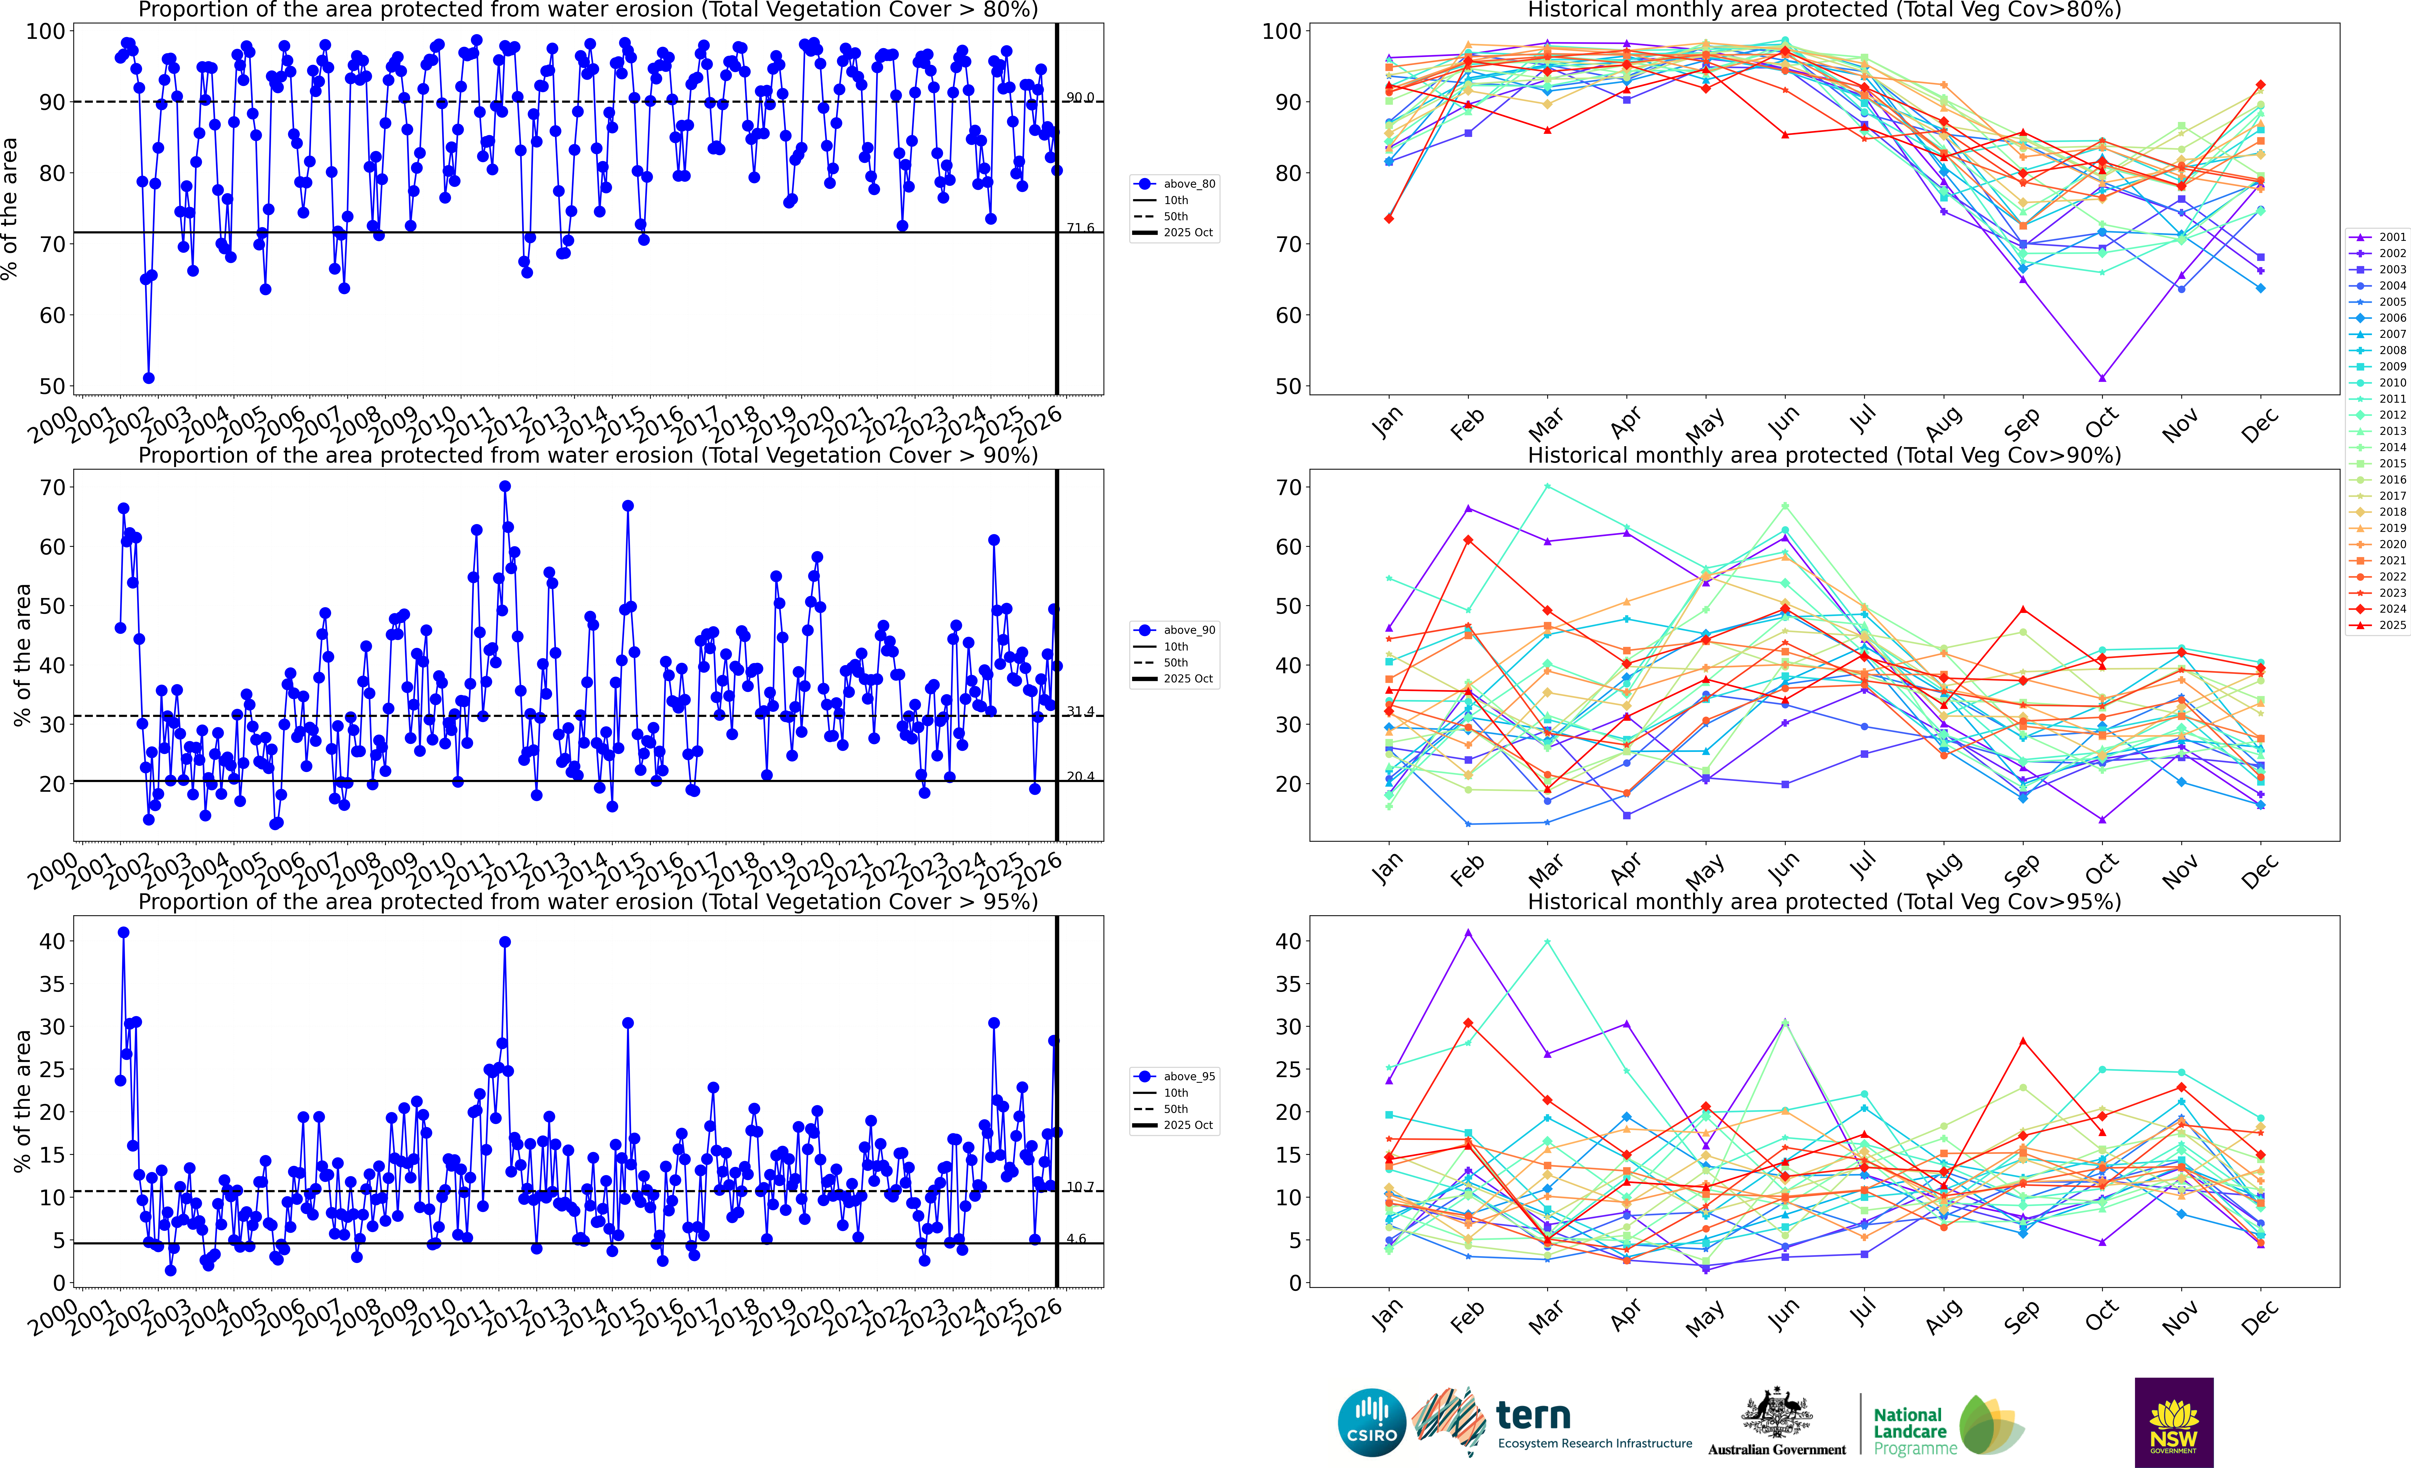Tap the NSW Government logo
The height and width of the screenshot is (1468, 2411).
click(2173, 1422)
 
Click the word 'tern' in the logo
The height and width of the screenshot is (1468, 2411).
click(1533, 1415)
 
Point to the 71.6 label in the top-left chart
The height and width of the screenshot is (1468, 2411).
click(1080, 228)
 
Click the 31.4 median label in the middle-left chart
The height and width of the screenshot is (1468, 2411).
click(1080, 711)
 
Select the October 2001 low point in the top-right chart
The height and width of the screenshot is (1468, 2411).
click(2102, 378)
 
